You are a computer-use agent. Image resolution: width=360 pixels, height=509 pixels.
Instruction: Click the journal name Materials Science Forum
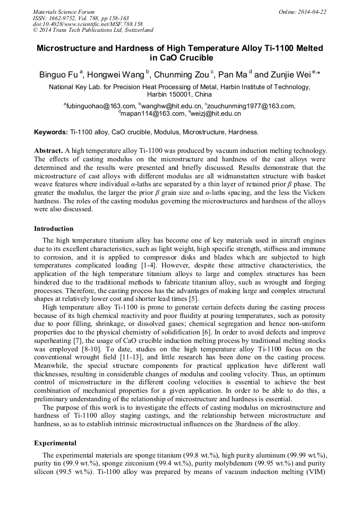click(x=64, y=11)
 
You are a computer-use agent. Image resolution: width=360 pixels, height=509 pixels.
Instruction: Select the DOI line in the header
click(x=88, y=24)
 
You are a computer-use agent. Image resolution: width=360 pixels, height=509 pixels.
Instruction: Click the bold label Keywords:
click(x=51, y=132)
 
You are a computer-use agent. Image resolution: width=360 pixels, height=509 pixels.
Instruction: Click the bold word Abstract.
click(x=49, y=151)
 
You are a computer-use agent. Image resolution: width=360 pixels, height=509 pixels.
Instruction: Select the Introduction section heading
click(x=54, y=229)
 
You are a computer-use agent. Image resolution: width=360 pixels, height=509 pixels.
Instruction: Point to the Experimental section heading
click(x=55, y=443)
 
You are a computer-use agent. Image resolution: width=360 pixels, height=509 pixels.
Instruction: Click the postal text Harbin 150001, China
click(x=179, y=94)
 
